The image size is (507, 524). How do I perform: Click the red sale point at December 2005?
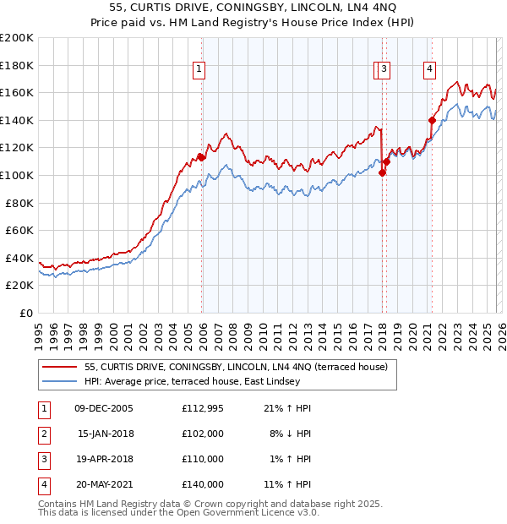coord(201,156)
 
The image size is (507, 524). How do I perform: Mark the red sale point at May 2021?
coord(432,120)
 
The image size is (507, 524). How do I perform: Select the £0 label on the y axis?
coord(26,313)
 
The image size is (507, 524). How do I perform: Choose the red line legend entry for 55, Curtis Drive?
coord(236,367)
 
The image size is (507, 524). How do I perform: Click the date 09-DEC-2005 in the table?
coord(104,408)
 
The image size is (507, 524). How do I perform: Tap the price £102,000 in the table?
coord(202,434)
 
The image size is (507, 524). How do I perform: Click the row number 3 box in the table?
coord(43,459)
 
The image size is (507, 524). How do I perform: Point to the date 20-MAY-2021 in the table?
coord(104,484)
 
